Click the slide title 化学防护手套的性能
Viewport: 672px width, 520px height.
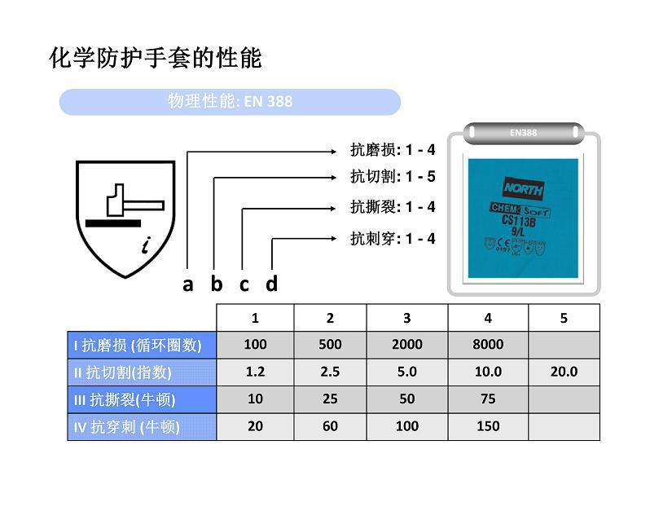[x=156, y=59]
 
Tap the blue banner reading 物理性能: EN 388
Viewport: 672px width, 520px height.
[x=230, y=102]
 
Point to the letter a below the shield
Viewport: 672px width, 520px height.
[x=188, y=284]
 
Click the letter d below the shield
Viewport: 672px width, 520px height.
[x=272, y=284]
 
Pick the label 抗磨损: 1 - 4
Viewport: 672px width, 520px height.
[x=393, y=150]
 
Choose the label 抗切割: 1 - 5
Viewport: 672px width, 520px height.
[x=393, y=177]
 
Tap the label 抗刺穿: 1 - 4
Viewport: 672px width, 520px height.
[x=393, y=239]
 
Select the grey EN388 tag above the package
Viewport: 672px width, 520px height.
[x=523, y=132]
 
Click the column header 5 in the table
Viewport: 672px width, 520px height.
[x=564, y=318]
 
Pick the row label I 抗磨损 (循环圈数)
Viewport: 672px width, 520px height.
[x=142, y=345]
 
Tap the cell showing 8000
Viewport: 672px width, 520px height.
[x=488, y=345]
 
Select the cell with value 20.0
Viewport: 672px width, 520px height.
[x=564, y=372]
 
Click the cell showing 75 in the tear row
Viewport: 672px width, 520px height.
[x=488, y=399]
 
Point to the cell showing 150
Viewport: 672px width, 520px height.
[x=488, y=426]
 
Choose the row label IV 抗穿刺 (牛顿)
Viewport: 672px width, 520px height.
[x=142, y=426]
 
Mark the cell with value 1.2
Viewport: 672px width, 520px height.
[x=255, y=372]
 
